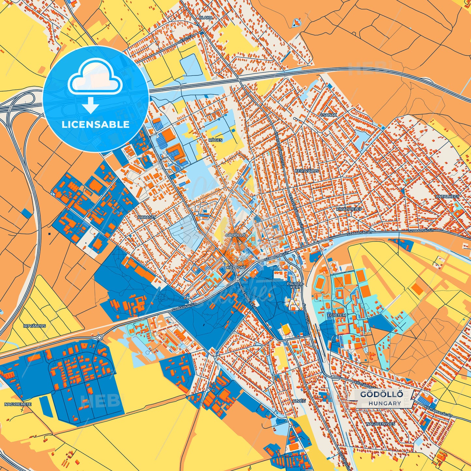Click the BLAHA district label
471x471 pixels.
click(206, 18)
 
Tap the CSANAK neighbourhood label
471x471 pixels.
click(328, 115)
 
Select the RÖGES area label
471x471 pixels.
click(215, 140)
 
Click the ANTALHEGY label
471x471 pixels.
click(448, 197)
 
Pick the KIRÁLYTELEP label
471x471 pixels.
click(349, 209)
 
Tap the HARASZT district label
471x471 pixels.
click(147, 217)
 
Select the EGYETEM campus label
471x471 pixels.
click(336, 316)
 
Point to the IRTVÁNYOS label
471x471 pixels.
click(35, 326)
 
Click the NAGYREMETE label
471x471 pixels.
click(18, 404)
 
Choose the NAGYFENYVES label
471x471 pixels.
click(380, 424)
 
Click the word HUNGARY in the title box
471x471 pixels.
click(385, 403)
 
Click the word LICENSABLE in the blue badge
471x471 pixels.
click(96, 125)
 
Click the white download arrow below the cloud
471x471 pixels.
click(91, 105)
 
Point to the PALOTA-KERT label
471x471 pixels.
click(295, 286)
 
